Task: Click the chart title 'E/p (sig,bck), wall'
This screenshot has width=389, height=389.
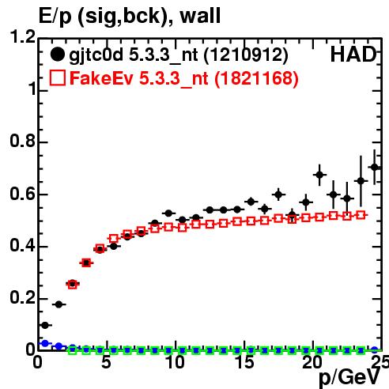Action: (x=130, y=17)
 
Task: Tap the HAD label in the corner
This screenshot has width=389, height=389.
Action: (x=353, y=55)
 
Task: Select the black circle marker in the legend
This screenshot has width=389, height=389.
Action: (x=57, y=55)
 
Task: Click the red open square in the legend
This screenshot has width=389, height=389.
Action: (x=58, y=78)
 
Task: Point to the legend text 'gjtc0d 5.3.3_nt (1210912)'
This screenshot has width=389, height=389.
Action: (x=179, y=55)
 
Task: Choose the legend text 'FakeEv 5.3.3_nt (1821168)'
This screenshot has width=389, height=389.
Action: (x=184, y=78)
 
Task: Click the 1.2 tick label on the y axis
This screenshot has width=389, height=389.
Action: (x=22, y=36)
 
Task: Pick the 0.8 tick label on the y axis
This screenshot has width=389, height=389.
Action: (x=22, y=141)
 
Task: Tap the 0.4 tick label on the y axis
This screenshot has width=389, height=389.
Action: (x=22, y=245)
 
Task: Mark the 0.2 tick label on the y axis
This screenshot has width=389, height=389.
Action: (x=22, y=297)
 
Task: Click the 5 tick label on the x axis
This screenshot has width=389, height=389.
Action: (x=106, y=362)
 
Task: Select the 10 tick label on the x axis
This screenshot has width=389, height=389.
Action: (x=175, y=362)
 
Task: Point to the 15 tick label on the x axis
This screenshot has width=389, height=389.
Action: (x=244, y=362)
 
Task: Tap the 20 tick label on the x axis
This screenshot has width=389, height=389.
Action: (x=313, y=362)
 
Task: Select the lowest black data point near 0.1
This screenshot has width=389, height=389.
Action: (x=45, y=326)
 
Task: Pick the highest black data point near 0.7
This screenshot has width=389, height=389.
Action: (x=375, y=168)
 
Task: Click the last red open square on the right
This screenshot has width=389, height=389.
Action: (x=361, y=215)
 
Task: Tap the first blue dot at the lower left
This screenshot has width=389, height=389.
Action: (x=45, y=343)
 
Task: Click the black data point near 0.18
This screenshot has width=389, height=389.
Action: (x=59, y=304)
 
